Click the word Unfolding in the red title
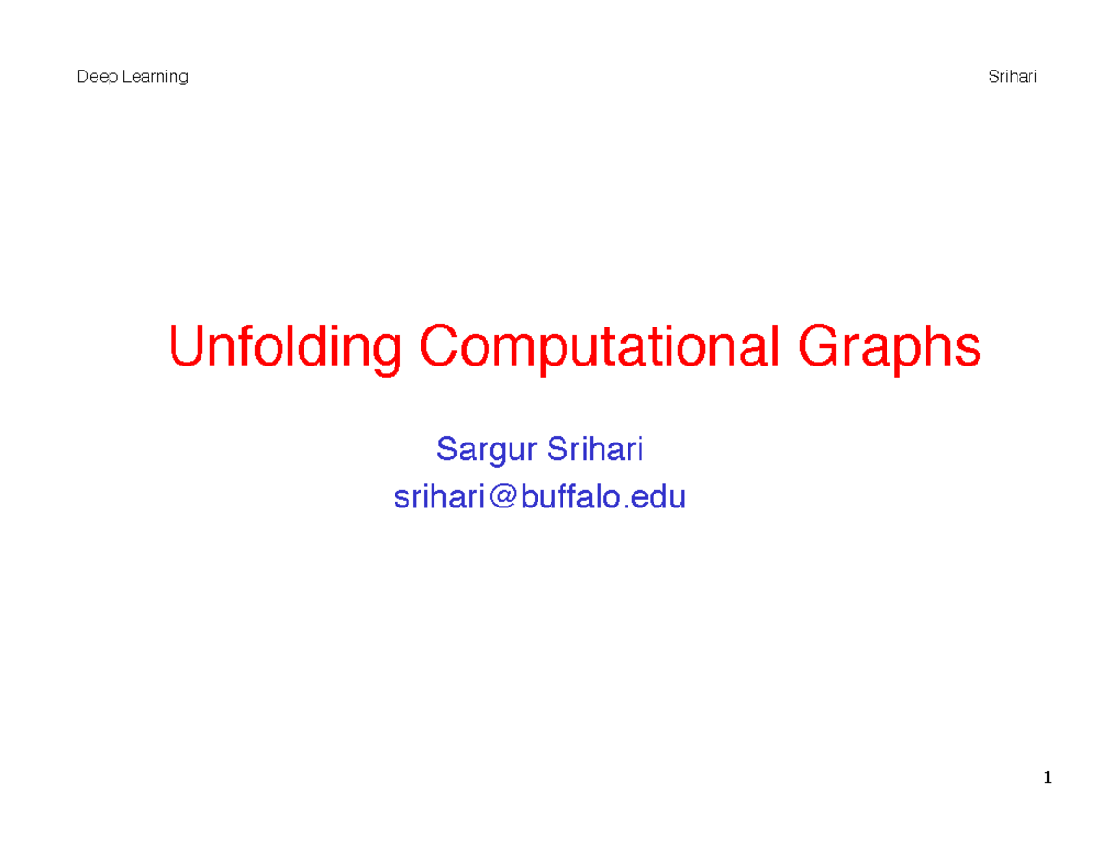coord(286,348)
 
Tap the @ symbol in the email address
coord(501,498)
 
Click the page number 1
coord(1047,777)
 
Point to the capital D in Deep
coord(81,77)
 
